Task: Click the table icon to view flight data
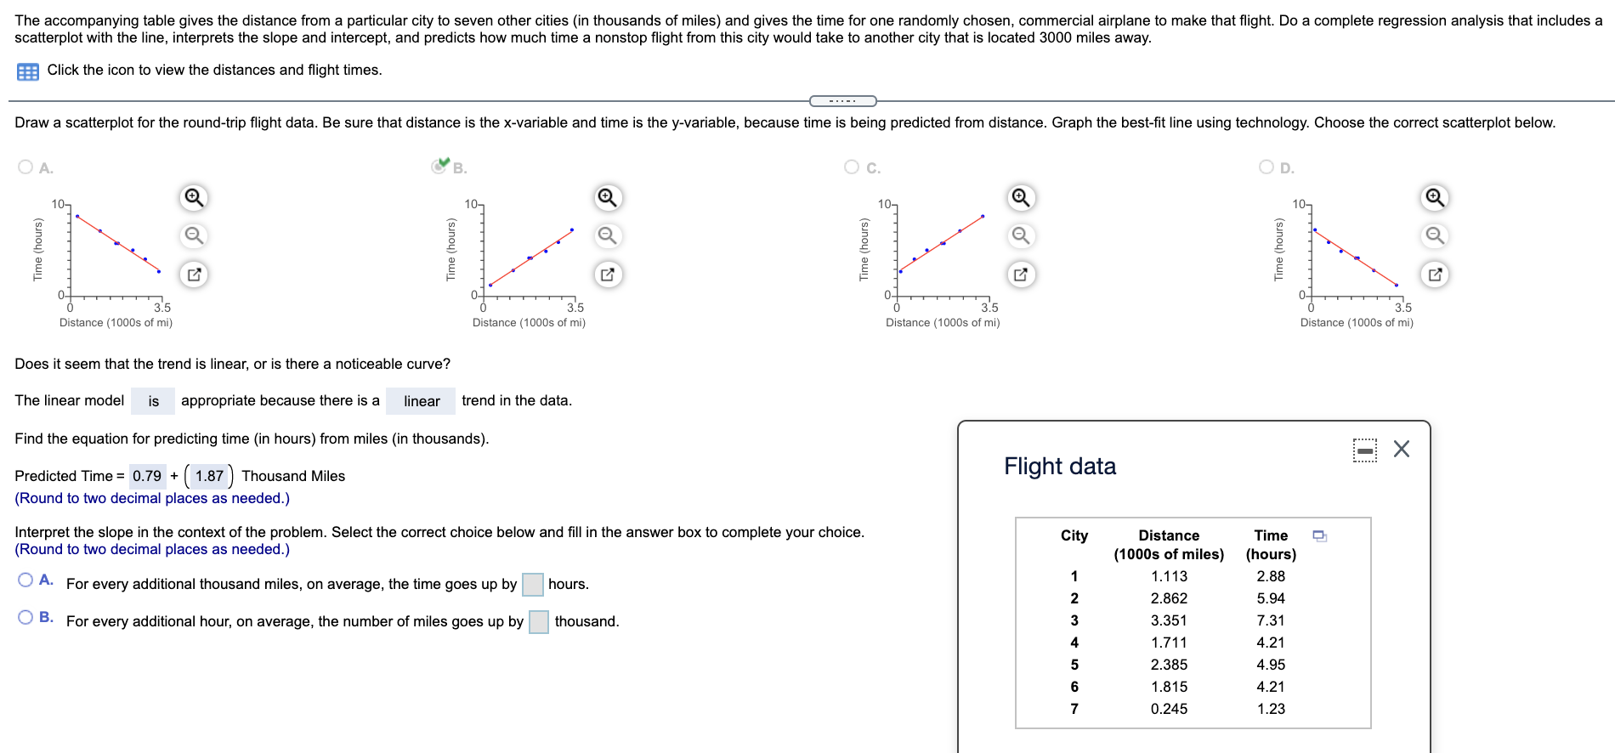pyautogui.click(x=27, y=71)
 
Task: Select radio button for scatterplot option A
pyautogui.click(x=25, y=167)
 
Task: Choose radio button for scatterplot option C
pyautogui.click(x=852, y=167)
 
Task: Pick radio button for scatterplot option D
pyautogui.click(x=1266, y=167)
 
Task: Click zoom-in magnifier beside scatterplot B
pyautogui.click(x=607, y=198)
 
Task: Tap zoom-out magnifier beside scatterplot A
pyautogui.click(x=194, y=235)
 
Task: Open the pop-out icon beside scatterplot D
pyautogui.click(x=1435, y=275)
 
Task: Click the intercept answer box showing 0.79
pyautogui.click(x=147, y=476)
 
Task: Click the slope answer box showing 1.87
pyautogui.click(x=209, y=476)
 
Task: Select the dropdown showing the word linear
pyautogui.click(x=421, y=401)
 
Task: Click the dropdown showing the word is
pyautogui.click(x=153, y=401)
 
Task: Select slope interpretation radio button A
pyautogui.click(x=25, y=580)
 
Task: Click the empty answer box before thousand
pyautogui.click(x=539, y=622)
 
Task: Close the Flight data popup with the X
pyautogui.click(x=1402, y=449)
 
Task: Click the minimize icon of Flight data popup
pyautogui.click(x=1365, y=450)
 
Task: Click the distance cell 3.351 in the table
pyautogui.click(x=1169, y=620)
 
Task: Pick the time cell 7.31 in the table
pyautogui.click(x=1271, y=620)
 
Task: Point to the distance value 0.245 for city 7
pyautogui.click(x=1169, y=709)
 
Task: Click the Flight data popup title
pyautogui.click(x=1060, y=466)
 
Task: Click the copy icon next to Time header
pyautogui.click(x=1320, y=536)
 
